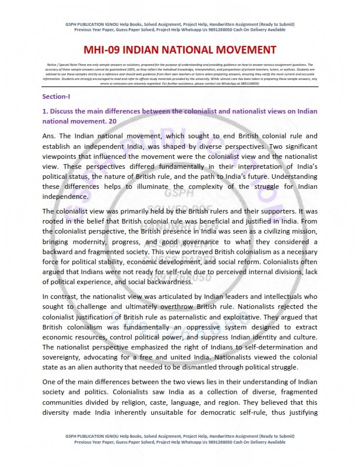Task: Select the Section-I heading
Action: (56, 95)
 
